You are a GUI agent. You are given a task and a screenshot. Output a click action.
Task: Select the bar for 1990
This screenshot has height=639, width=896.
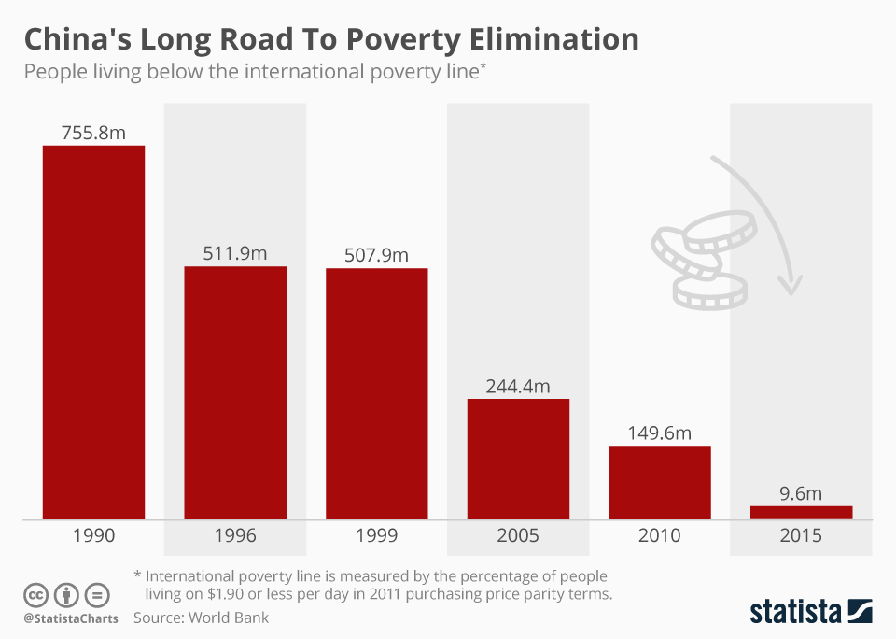point(93,332)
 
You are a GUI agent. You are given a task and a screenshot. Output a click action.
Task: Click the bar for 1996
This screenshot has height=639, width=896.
point(235,392)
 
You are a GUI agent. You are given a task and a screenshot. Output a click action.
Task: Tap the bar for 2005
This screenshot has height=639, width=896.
point(518,459)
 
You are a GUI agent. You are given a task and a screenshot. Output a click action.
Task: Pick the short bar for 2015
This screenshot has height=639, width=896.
point(801,512)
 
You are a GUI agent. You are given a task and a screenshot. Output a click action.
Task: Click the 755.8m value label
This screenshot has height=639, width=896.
point(93,133)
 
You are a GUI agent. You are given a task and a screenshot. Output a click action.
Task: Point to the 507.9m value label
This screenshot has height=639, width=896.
point(376,255)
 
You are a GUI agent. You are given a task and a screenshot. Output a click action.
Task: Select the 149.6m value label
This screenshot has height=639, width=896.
point(660,433)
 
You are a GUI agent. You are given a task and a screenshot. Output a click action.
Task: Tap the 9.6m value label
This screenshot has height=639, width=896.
point(801,493)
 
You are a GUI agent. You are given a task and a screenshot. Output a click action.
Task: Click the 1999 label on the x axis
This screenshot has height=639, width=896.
point(376,536)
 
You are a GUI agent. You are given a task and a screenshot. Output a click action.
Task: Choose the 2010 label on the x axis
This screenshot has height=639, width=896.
point(660,536)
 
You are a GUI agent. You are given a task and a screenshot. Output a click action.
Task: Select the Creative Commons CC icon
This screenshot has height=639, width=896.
point(35,595)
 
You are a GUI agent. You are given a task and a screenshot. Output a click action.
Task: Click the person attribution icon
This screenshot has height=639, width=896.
point(66,595)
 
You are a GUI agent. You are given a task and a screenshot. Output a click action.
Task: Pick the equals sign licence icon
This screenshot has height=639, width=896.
point(97,595)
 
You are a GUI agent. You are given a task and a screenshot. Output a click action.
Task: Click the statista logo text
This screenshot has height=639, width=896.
point(795,612)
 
